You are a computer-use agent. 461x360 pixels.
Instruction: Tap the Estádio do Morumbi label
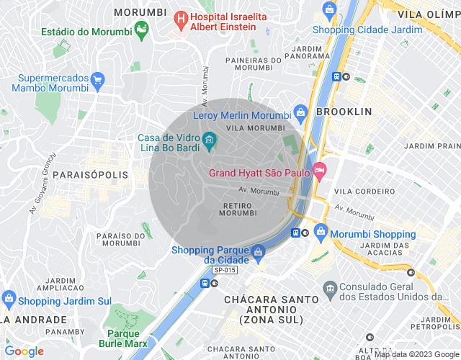pos(85,32)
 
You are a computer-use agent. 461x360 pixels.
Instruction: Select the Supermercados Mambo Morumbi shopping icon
pos(99,78)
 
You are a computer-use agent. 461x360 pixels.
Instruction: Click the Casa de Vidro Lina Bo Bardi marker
pos(209,139)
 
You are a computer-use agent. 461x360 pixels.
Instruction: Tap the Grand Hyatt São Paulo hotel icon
pos(321,172)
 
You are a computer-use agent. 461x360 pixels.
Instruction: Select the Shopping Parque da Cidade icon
pos(258,253)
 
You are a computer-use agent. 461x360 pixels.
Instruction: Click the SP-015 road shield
pos(225,270)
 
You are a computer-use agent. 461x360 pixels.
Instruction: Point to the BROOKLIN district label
pos(344,112)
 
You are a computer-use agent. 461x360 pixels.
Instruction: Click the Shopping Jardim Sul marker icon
pos(9,297)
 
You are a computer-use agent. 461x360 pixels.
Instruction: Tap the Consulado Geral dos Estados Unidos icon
pos(330,289)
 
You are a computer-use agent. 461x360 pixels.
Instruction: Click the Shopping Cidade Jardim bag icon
pos(330,10)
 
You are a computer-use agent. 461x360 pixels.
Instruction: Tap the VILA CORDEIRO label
pos(364,192)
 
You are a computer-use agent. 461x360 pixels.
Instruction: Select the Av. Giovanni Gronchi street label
pos(42,184)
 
